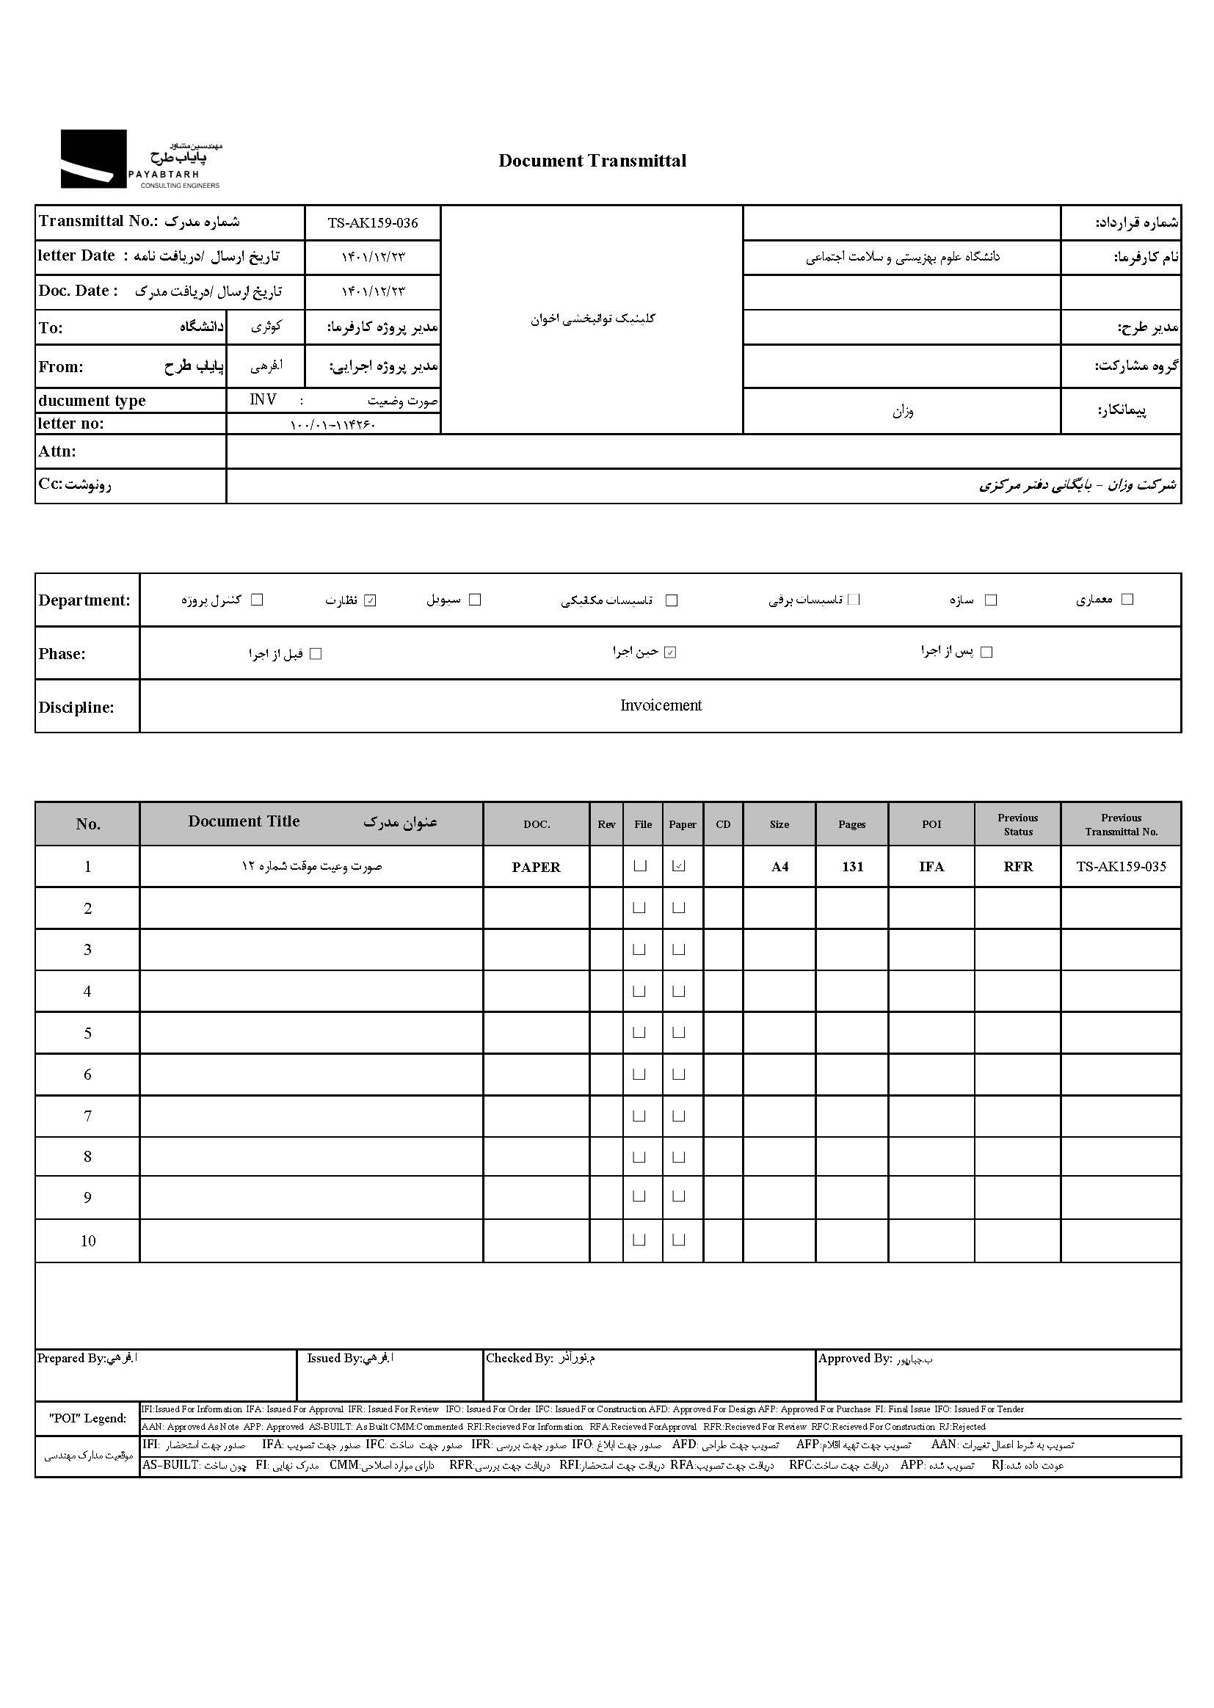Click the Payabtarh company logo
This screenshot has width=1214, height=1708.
140,159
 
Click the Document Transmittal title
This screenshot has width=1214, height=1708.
592,161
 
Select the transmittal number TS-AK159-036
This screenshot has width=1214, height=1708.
372,222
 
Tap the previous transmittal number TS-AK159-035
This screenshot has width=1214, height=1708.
1121,866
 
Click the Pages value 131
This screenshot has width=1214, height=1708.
852,866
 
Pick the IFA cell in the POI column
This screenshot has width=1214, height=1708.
931,866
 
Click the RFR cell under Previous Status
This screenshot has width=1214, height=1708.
1018,866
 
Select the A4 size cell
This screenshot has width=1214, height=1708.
779,866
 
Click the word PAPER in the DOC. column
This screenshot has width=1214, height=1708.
536,867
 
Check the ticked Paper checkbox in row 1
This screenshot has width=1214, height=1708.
679,865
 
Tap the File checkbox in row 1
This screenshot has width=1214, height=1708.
640,865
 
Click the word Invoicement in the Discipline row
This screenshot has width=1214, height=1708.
661,705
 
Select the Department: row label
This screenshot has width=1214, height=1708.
84,600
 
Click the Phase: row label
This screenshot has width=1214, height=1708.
62,654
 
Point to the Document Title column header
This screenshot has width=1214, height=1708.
244,821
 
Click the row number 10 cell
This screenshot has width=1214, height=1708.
88,1241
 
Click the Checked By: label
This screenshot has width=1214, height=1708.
519,1358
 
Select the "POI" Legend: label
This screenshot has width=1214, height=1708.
87,1418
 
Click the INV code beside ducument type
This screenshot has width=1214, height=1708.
263,400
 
